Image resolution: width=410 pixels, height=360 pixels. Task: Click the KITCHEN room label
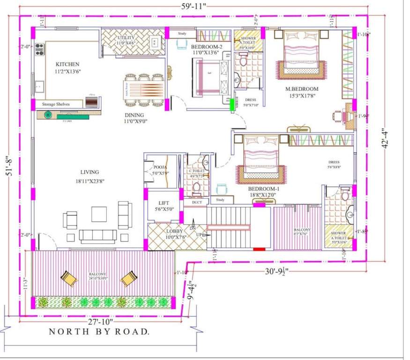coord(67,64)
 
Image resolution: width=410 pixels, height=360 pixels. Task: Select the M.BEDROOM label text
coord(302,89)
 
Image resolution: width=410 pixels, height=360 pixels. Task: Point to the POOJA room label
coord(160,167)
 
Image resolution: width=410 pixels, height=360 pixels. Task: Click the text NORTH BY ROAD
coord(100,332)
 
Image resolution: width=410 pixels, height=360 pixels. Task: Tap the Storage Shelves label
coord(56,104)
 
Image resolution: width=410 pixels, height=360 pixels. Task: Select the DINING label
coord(134,115)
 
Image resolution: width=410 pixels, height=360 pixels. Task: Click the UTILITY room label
coord(127,37)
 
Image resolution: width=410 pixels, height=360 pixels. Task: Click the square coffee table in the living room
coord(99,214)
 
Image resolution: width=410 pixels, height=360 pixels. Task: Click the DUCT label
coord(197,202)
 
